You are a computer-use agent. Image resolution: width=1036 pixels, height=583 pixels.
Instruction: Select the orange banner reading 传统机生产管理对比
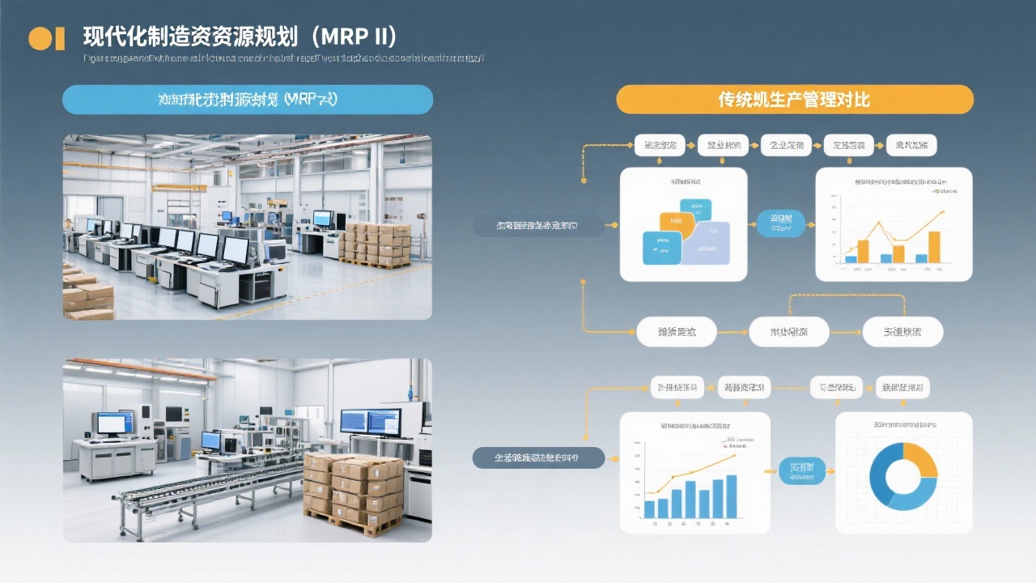pos(794,100)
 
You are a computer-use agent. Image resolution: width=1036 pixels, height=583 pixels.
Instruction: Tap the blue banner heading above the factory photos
pos(248,100)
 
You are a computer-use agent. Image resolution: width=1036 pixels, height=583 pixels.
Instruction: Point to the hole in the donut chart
pos(903,477)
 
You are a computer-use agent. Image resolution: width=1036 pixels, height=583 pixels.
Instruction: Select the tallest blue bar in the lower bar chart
pos(732,496)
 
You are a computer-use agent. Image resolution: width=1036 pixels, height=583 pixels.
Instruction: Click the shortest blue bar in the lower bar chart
pos(649,509)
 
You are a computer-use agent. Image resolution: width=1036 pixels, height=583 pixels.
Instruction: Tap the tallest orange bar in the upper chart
pos(934,247)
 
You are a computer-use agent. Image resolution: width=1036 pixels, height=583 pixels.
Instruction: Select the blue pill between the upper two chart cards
pos(781,223)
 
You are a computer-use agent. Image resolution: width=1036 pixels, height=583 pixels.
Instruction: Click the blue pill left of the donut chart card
pos(801,470)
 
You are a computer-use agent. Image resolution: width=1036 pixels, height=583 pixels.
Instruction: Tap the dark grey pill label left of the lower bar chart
pos(538,458)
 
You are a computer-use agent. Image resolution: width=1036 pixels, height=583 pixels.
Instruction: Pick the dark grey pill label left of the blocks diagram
pos(538,225)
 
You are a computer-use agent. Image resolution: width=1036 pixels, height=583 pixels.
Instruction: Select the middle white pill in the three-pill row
pos(789,332)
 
